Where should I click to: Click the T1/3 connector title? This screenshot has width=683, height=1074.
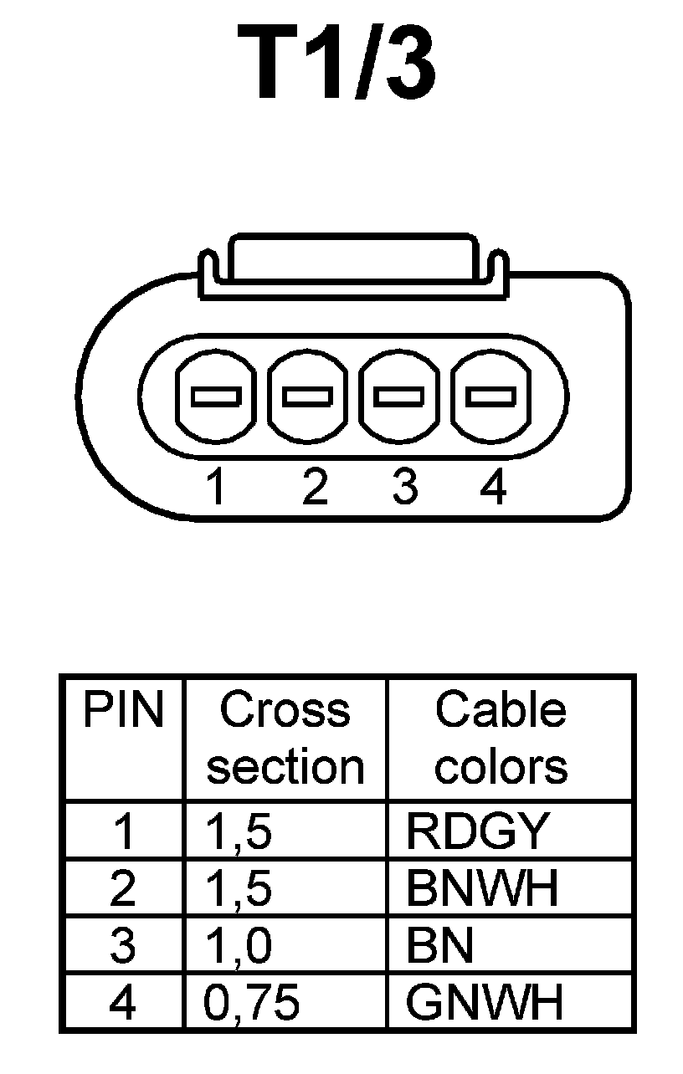336,64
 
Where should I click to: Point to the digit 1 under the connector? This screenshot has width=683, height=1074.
216,487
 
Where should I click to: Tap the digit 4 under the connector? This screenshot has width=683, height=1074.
493,487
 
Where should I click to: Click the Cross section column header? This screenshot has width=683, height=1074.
285,738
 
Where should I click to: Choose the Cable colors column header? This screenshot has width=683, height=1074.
501,738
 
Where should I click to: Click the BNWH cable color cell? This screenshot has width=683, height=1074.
481,888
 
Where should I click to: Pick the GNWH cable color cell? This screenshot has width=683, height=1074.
484,1002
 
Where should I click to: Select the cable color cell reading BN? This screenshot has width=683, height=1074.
440,945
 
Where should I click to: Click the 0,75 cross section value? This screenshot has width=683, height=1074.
251,1002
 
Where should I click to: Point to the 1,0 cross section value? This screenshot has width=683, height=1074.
239,945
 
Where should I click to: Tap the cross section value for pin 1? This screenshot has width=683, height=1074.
239,831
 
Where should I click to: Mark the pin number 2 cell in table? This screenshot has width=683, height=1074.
122,888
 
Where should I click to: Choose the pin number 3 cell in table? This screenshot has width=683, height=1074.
122,945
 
